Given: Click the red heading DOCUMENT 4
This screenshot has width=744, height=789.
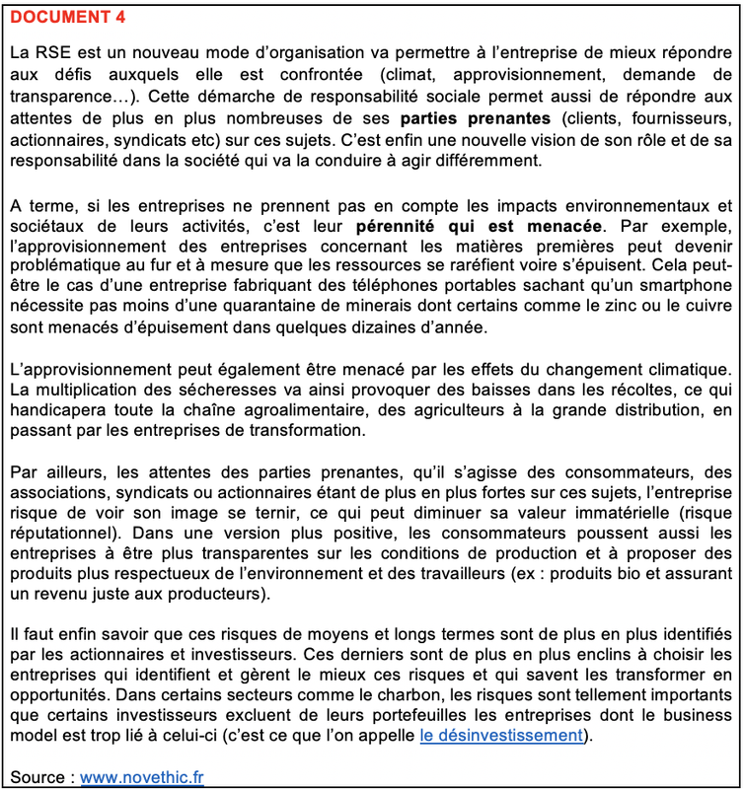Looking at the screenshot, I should pos(68,18).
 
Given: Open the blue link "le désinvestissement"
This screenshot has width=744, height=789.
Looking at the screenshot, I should pos(500,736).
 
